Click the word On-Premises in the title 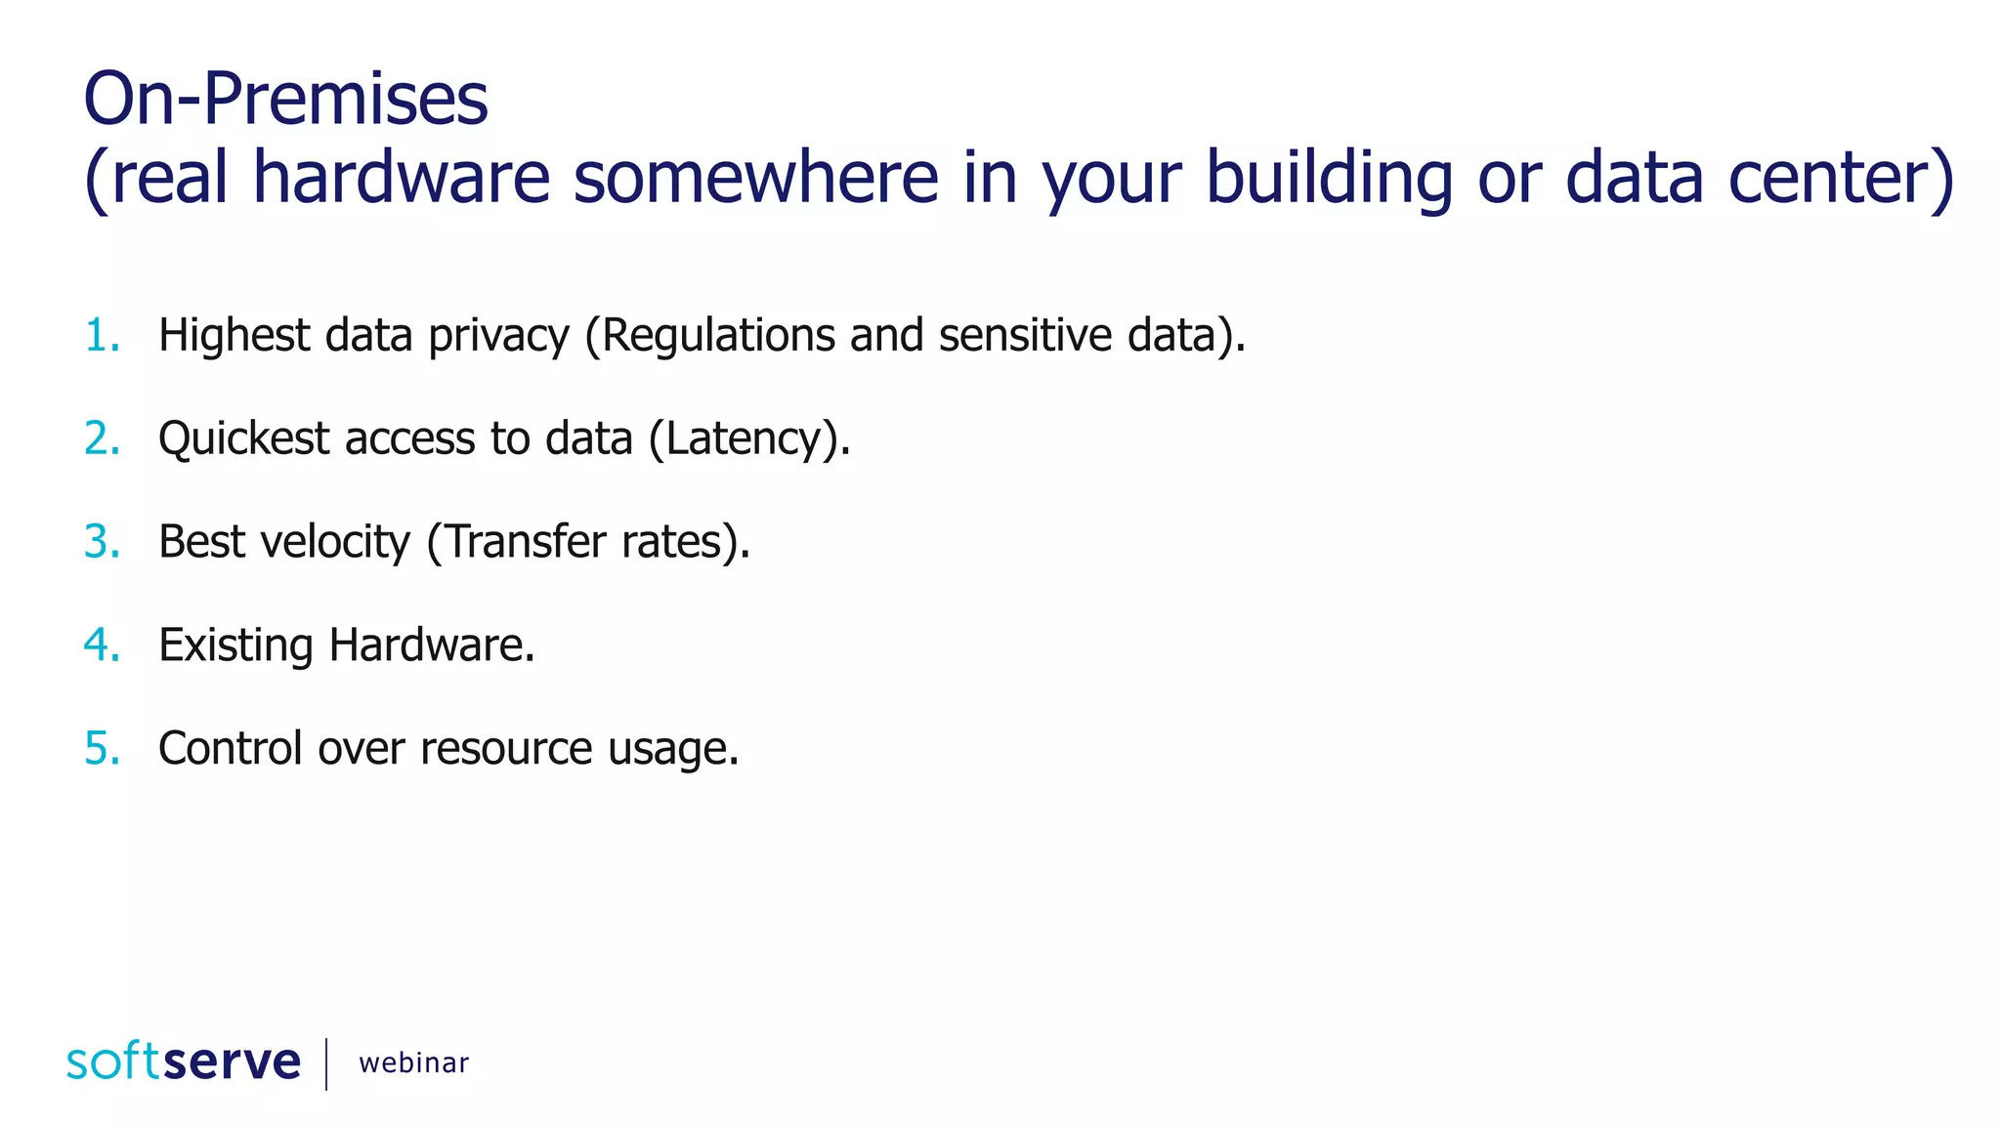click(x=285, y=100)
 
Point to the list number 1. click(x=102, y=335)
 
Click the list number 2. click(x=102, y=438)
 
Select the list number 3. click(x=102, y=542)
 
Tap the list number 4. click(x=102, y=646)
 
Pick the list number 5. click(x=102, y=749)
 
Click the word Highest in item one click(x=234, y=335)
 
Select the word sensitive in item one click(x=1025, y=335)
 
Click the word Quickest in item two click(x=243, y=438)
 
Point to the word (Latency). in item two click(x=749, y=438)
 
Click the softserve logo click(x=184, y=1062)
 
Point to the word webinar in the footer click(x=413, y=1062)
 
